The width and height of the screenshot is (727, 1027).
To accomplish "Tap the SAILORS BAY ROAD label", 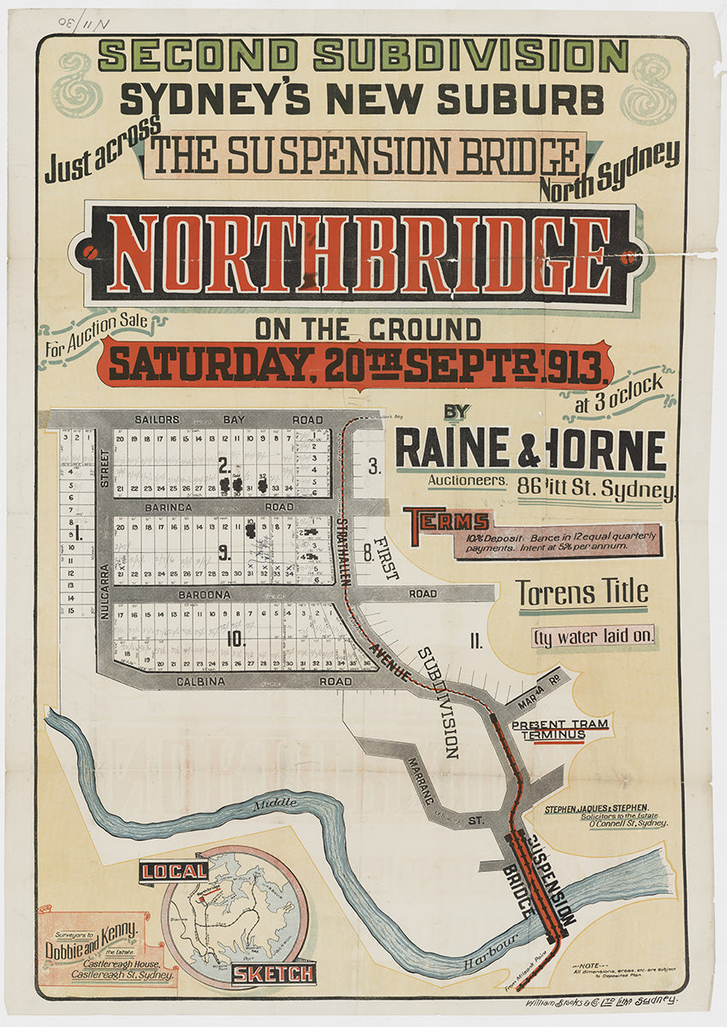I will tap(229, 419).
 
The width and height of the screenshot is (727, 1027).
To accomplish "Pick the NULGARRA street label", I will tap(104, 591).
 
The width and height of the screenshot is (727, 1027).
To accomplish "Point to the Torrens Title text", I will tap(581, 592).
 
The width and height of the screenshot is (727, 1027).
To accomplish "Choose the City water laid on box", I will tap(594, 636).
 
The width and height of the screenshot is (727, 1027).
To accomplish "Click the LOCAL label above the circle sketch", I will tap(175, 871).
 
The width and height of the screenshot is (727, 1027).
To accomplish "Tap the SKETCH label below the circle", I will tap(273, 973).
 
